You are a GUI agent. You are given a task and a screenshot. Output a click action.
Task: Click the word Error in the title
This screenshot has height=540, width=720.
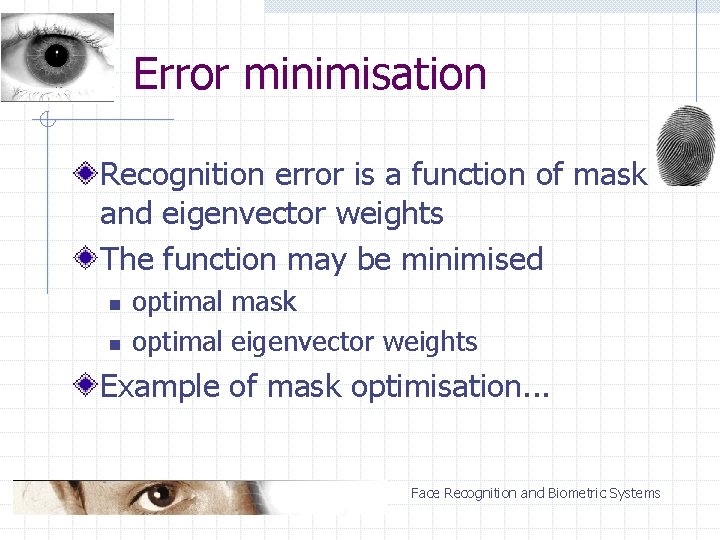pos(182,74)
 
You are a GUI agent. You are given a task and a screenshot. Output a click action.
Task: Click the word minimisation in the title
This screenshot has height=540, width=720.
pos(365,74)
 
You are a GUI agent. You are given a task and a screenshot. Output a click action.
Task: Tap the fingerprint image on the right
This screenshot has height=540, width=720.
pos(686,144)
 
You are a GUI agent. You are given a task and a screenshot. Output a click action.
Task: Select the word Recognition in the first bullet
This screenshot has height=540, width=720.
pos(182,175)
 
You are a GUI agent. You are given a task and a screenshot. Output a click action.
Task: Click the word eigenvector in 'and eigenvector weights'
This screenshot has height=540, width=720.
pos(244,214)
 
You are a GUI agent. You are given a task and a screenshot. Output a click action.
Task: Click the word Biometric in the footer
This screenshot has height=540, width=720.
pos(576,493)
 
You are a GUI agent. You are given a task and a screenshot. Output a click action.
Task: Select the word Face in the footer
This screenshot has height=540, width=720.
pos(425,493)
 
